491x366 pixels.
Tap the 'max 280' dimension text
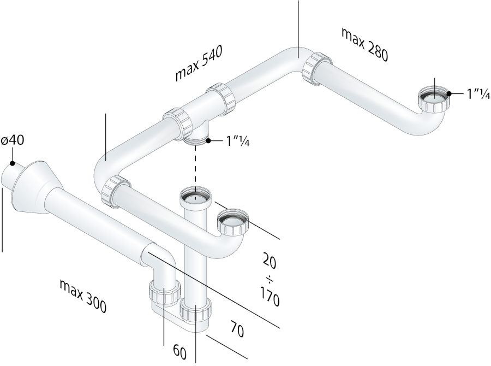pyautogui.click(x=365, y=44)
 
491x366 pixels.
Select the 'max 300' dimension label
pyautogui.click(x=83, y=296)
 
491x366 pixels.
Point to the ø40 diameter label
pyautogui.click(x=13, y=140)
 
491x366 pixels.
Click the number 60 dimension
pyautogui.click(x=179, y=352)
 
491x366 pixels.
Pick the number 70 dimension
pyautogui.click(x=237, y=329)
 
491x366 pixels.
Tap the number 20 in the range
pyautogui.click(x=269, y=261)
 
